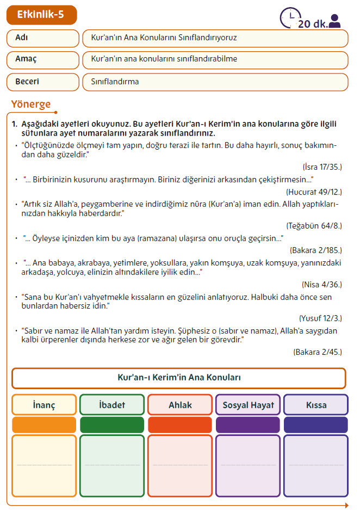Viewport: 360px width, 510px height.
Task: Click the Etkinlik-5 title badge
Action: tap(41, 15)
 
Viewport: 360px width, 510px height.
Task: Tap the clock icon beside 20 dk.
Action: tap(289, 17)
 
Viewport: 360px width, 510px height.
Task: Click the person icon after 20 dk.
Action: tap(335, 21)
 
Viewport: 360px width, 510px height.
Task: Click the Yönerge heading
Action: tap(31, 104)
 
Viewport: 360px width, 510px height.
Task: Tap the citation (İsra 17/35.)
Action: tap(322, 166)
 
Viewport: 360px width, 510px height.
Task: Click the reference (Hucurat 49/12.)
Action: tap(314, 192)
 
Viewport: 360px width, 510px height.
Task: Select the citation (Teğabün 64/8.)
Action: tap(314, 225)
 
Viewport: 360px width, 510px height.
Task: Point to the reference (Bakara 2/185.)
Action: tap(316, 250)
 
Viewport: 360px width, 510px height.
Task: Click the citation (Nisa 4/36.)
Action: tap(322, 284)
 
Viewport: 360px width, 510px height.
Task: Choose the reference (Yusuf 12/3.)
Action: tap(320, 318)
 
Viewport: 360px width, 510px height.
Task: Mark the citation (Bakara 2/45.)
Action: tap(318, 352)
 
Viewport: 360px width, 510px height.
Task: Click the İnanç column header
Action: tap(44, 405)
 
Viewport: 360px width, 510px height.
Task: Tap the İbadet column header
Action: tap(112, 405)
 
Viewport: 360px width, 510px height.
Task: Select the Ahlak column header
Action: tap(180, 405)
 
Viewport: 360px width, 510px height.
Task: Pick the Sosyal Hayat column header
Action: tap(248, 405)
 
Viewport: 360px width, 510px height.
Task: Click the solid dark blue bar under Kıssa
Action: tap(316, 425)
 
